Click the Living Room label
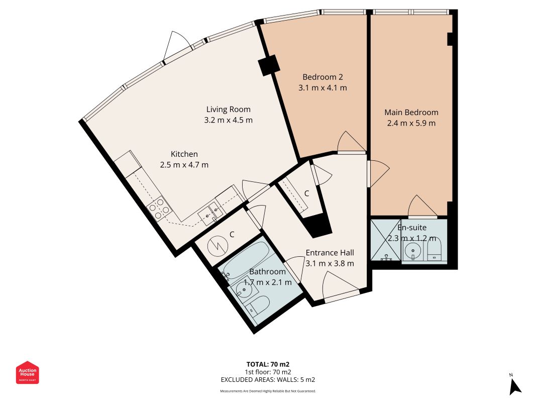(228, 109)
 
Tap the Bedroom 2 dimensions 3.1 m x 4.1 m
(323, 87)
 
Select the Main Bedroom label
(411, 112)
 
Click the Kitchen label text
(184, 154)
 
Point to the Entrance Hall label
(330, 253)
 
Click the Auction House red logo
(28, 372)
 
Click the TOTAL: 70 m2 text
(268, 364)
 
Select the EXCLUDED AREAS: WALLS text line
(268, 380)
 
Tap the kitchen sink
(209, 213)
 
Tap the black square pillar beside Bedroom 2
(269, 66)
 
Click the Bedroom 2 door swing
(350, 142)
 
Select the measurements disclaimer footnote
(268, 391)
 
